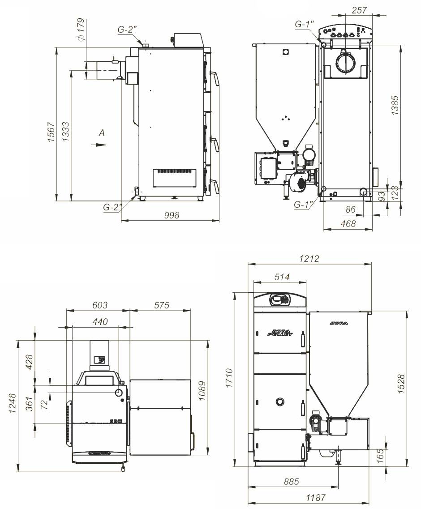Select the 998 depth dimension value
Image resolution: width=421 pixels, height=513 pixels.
[x=172, y=215]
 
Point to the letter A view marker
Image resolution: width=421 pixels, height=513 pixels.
[x=102, y=133]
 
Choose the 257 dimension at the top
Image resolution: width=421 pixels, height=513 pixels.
[x=359, y=10]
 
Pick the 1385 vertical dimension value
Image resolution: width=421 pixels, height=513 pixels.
[x=395, y=105]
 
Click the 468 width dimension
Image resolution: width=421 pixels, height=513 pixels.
[x=348, y=223]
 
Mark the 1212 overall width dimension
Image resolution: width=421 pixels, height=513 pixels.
[x=309, y=259]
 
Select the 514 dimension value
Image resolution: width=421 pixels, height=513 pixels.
[x=282, y=277]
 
